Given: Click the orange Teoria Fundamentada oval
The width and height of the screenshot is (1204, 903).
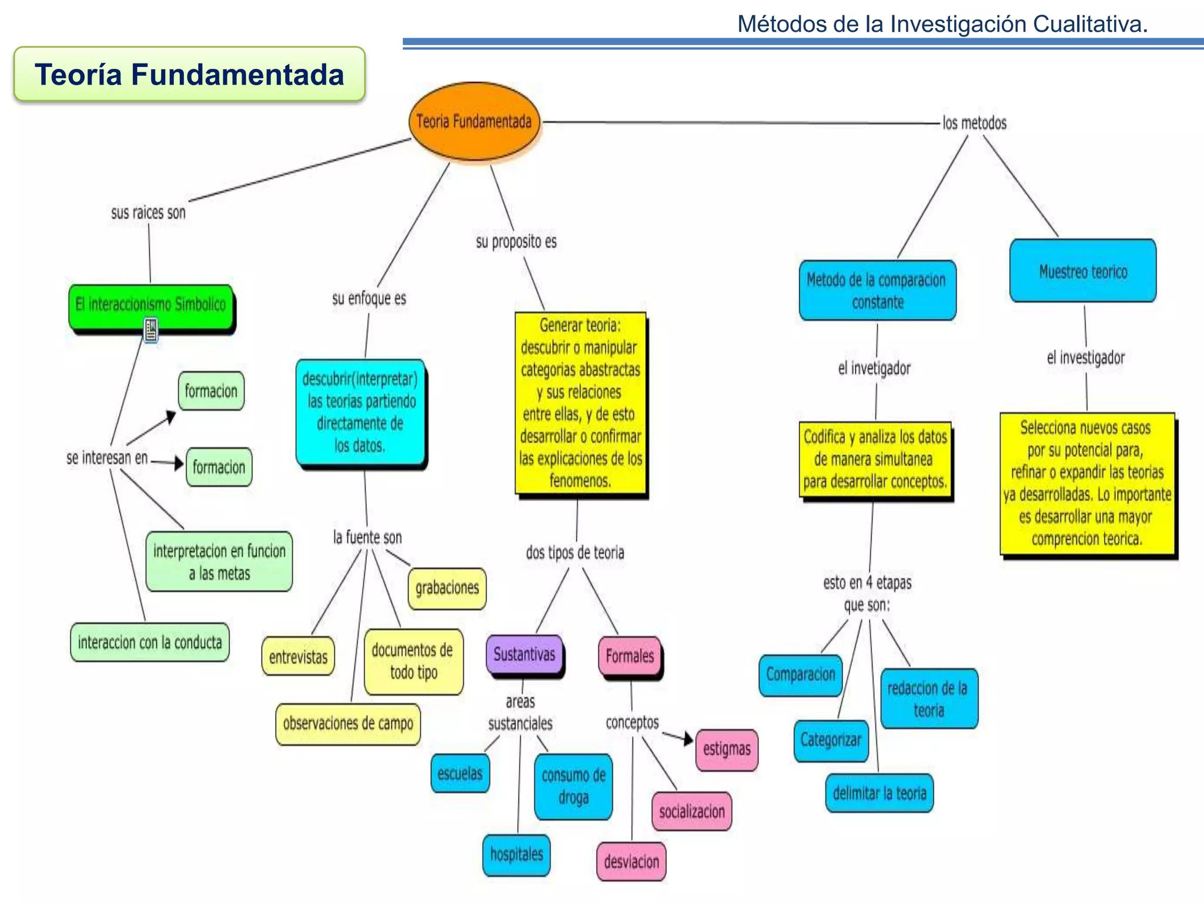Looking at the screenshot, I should pyautogui.click(x=474, y=122).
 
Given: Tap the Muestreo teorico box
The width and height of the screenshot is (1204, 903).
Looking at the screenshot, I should pyautogui.click(x=1083, y=271).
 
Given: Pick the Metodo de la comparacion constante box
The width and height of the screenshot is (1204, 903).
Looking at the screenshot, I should pyautogui.click(x=877, y=290).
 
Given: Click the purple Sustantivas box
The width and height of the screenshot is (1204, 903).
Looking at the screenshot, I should pyautogui.click(x=524, y=654).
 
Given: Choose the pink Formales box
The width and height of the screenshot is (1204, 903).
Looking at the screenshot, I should pyautogui.click(x=630, y=656).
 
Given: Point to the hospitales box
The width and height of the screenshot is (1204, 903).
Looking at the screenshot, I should pyautogui.click(x=516, y=855).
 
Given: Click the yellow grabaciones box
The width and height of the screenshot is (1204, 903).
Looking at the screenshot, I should pyautogui.click(x=447, y=588).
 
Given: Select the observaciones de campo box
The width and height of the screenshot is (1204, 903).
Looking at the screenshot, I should pyautogui.click(x=348, y=724).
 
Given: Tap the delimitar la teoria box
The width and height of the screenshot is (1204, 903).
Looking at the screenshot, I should pyautogui.click(x=879, y=794).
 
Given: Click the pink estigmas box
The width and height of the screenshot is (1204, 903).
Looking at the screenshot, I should pyautogui.click(x=727, y=750).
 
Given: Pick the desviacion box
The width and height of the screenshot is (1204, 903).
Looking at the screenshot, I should pyautogui.click(x=631, y=862).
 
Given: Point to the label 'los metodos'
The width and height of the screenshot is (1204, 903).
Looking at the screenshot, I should pyautogui.click(x=974, y=123).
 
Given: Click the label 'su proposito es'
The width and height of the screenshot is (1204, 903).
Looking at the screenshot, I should pyautogui.click(x=516, y=242).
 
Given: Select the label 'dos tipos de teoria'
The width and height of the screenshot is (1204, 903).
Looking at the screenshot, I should pyautogui.click(x=574, y=553).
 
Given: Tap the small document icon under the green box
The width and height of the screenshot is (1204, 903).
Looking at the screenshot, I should pyautogui.click(x=151, y=330).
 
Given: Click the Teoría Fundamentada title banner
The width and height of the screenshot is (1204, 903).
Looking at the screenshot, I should pyautogui.click(x=189, y=75).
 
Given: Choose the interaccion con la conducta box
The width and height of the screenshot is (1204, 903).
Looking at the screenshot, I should pyautogui.click(x=150, y=643).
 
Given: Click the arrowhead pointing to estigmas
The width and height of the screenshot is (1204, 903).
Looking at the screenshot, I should pyautogui.click(x=688, y=739).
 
